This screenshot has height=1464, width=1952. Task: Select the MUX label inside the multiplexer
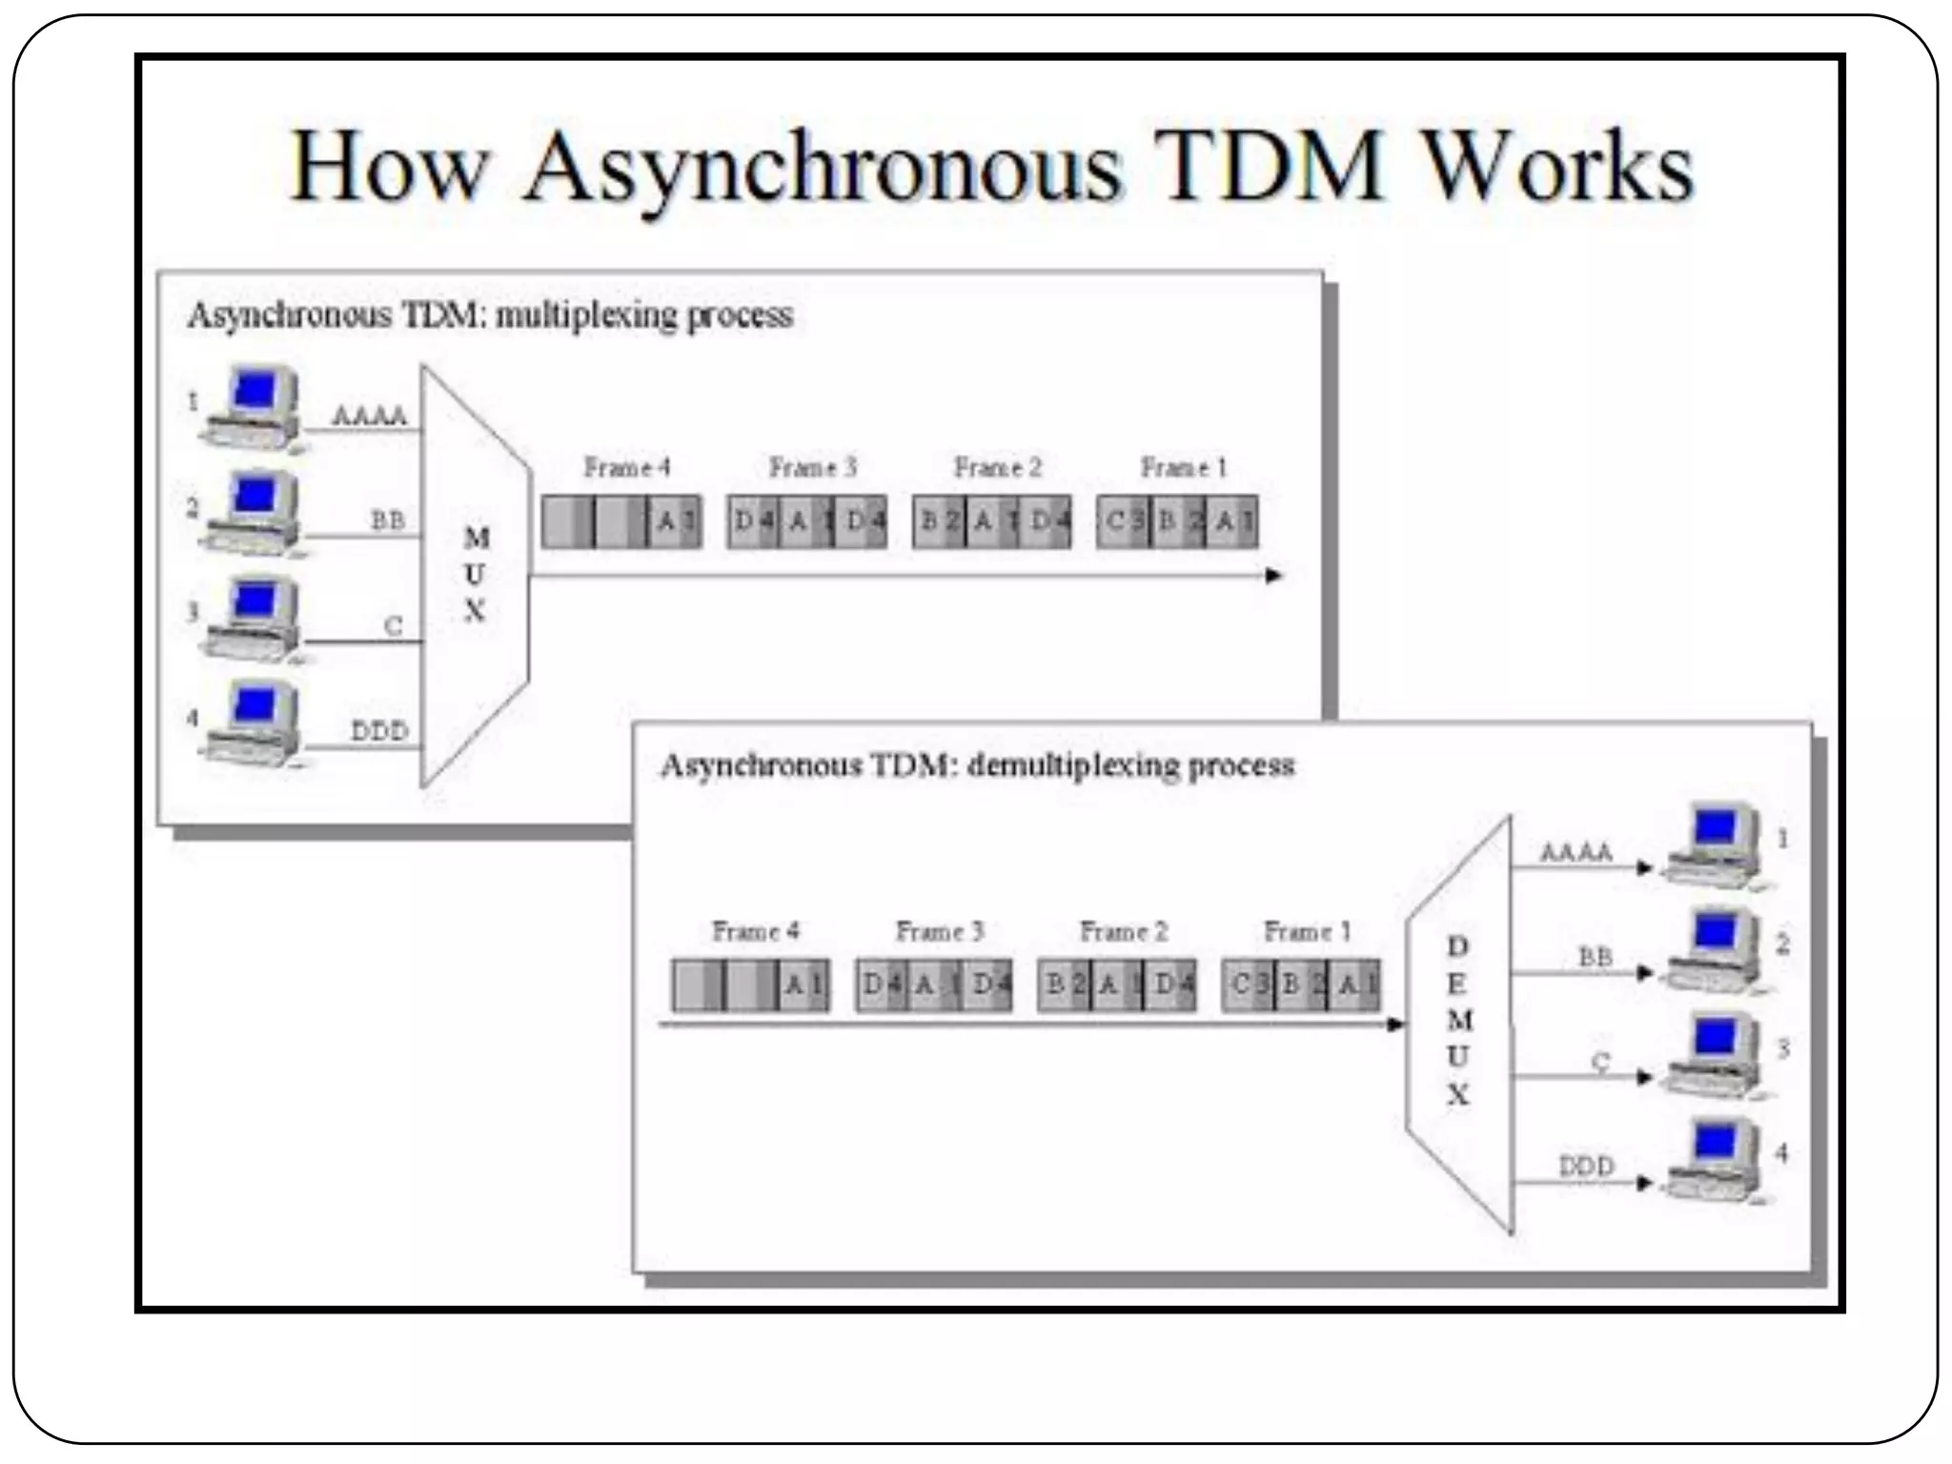coord(475,575)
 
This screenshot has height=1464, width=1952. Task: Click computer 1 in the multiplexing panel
coord(254,407)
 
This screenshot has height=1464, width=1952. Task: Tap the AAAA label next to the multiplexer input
coord(369,416)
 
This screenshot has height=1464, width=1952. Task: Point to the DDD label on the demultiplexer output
coord(1586,1166)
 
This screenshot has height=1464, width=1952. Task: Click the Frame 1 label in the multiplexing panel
coord(1183,468)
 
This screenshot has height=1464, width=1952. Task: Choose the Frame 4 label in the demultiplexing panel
coord(755,931)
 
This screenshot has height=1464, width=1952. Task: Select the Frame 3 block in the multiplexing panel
coord(807,521)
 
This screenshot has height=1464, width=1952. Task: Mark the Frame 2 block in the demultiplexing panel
coord(1117,985)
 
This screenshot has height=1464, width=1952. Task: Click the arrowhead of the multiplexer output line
coord(1273,576)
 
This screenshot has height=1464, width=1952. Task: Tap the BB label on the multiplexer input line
coord(387,520)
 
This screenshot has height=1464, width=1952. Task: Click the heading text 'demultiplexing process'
coord(1130,765)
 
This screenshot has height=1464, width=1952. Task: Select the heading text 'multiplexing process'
coord(644,315)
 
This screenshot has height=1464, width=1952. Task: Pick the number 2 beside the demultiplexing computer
coord(1782,944)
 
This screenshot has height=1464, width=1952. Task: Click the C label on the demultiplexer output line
coord(1600,1061)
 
